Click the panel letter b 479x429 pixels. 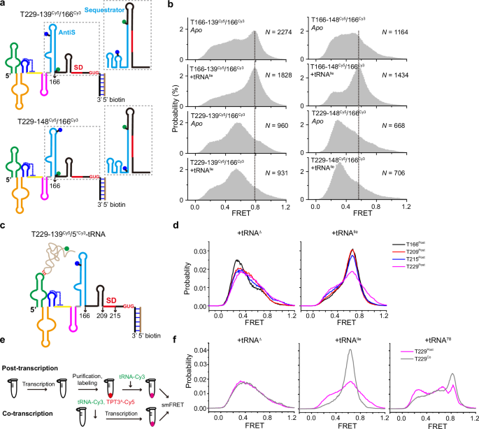tap(173, 6)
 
